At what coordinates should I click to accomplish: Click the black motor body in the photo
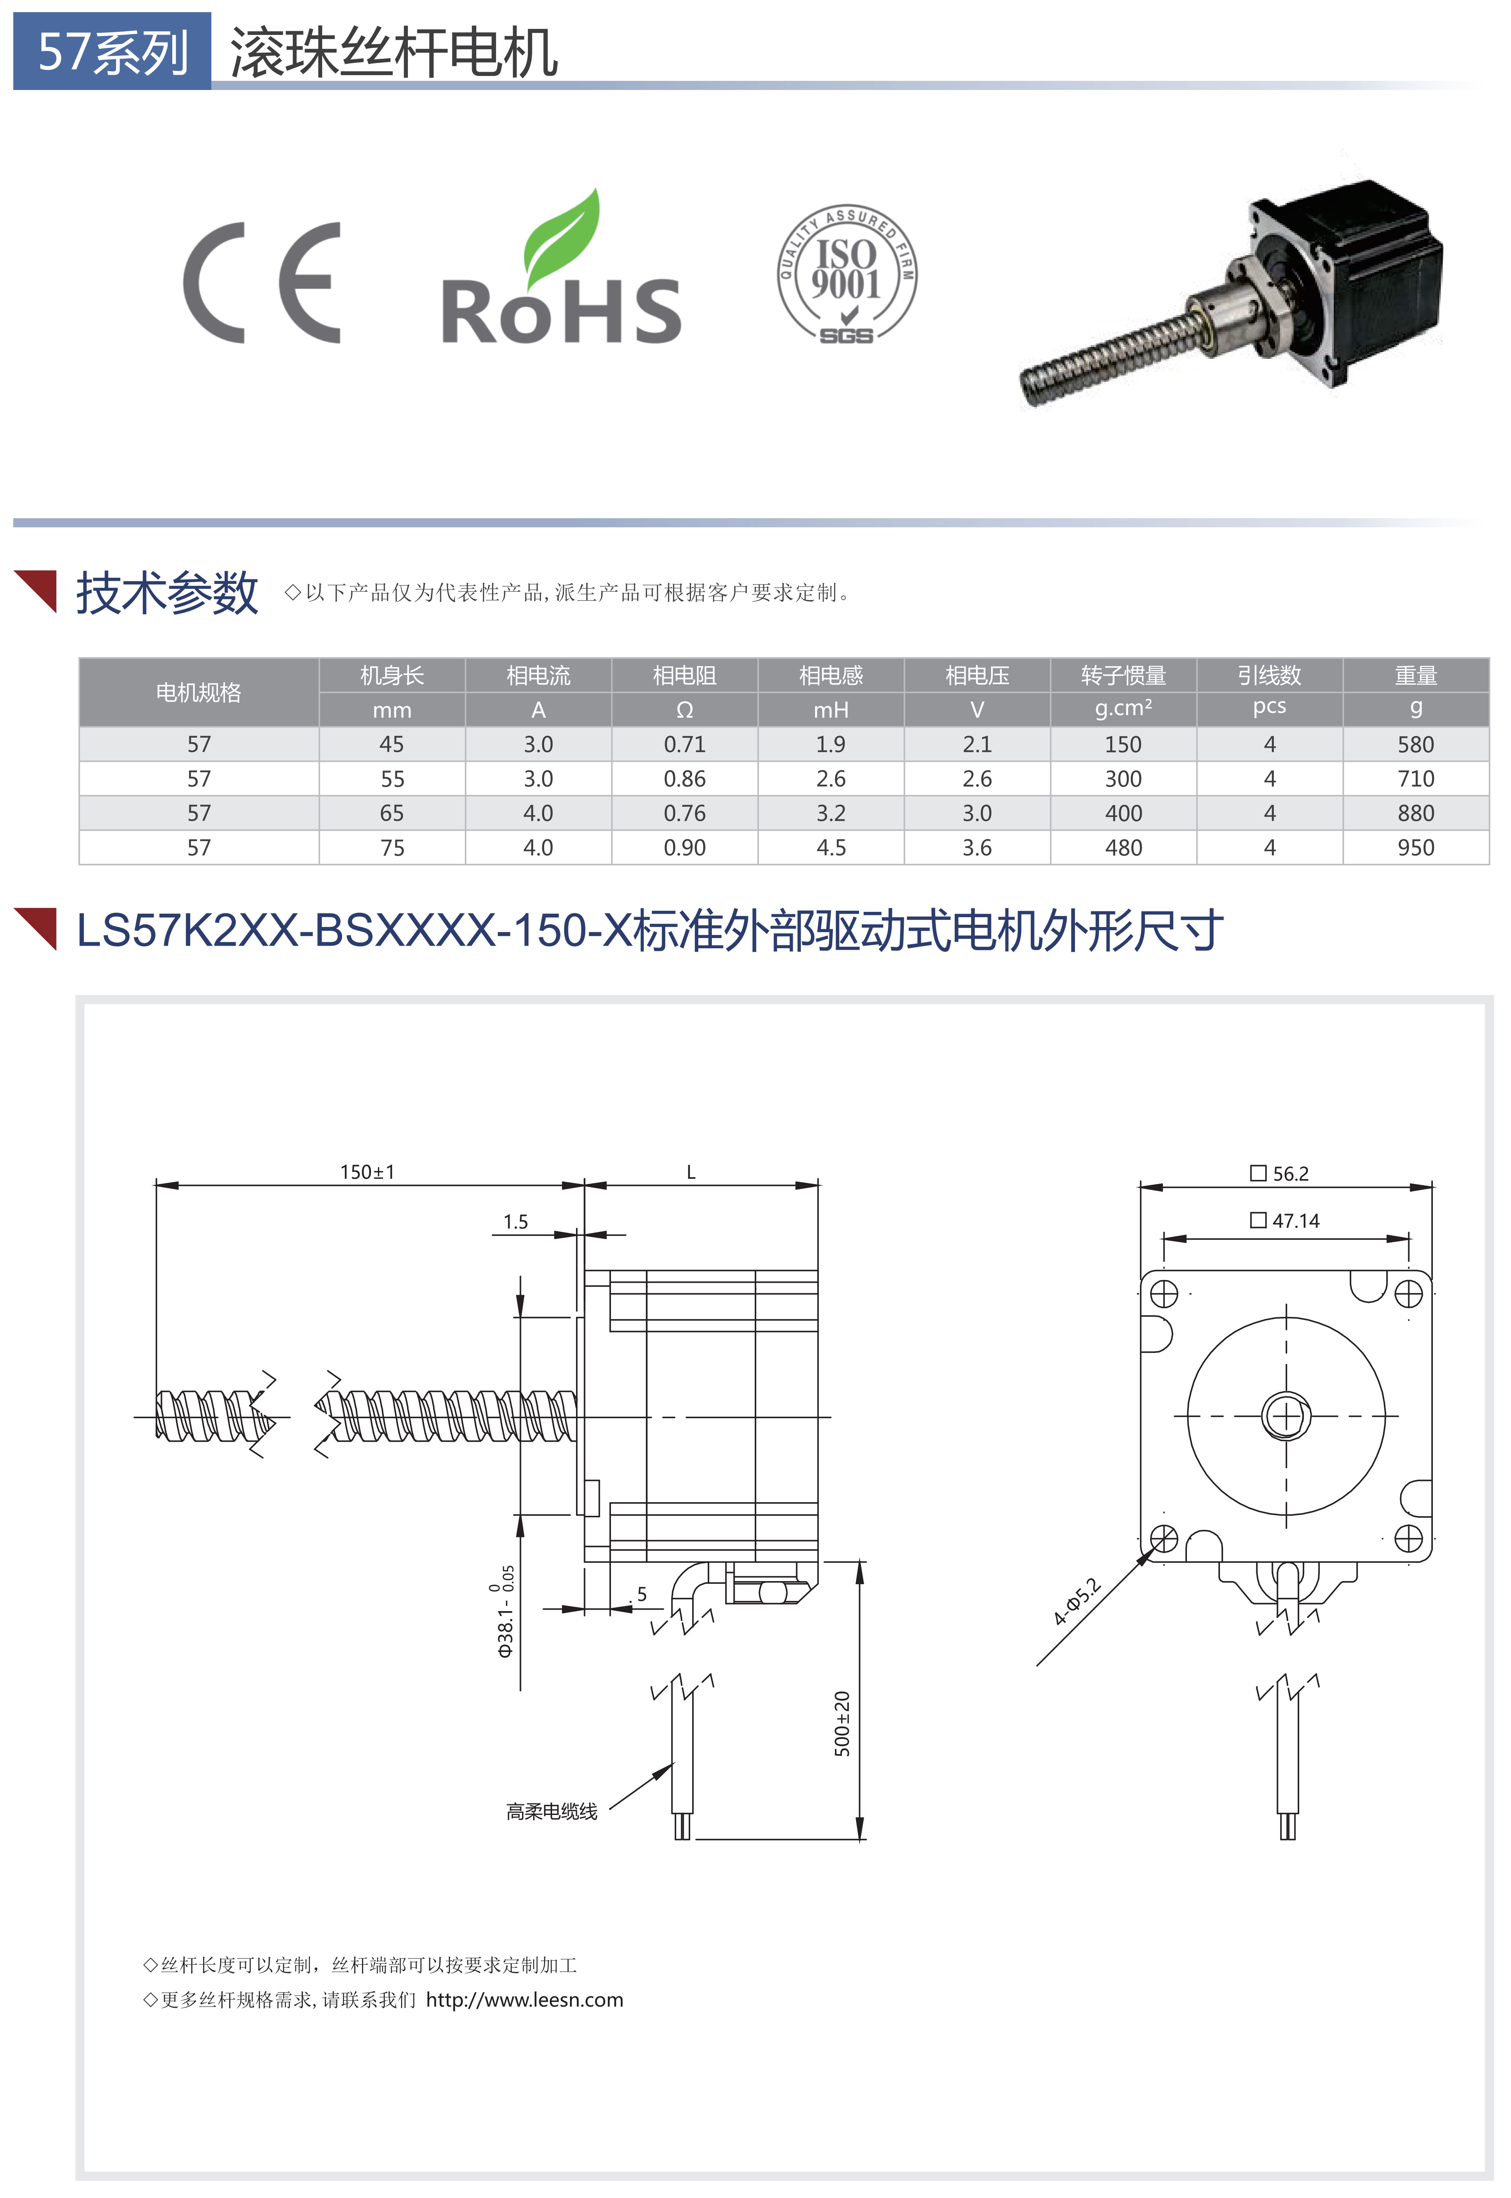pos(1354,274)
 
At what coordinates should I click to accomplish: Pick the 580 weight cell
pos(1415,744)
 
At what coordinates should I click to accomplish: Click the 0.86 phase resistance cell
pos(685,779)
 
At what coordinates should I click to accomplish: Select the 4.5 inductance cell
pos(830,848)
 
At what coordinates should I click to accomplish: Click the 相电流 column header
pos(538,675)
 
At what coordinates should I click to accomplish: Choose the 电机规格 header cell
pos(199,692)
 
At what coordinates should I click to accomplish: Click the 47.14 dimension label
pos(1285,1221)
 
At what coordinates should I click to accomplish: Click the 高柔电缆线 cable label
pos(552,1812)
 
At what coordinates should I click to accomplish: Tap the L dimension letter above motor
pos(691,1172)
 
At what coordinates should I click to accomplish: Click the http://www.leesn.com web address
pos(524,2000)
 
